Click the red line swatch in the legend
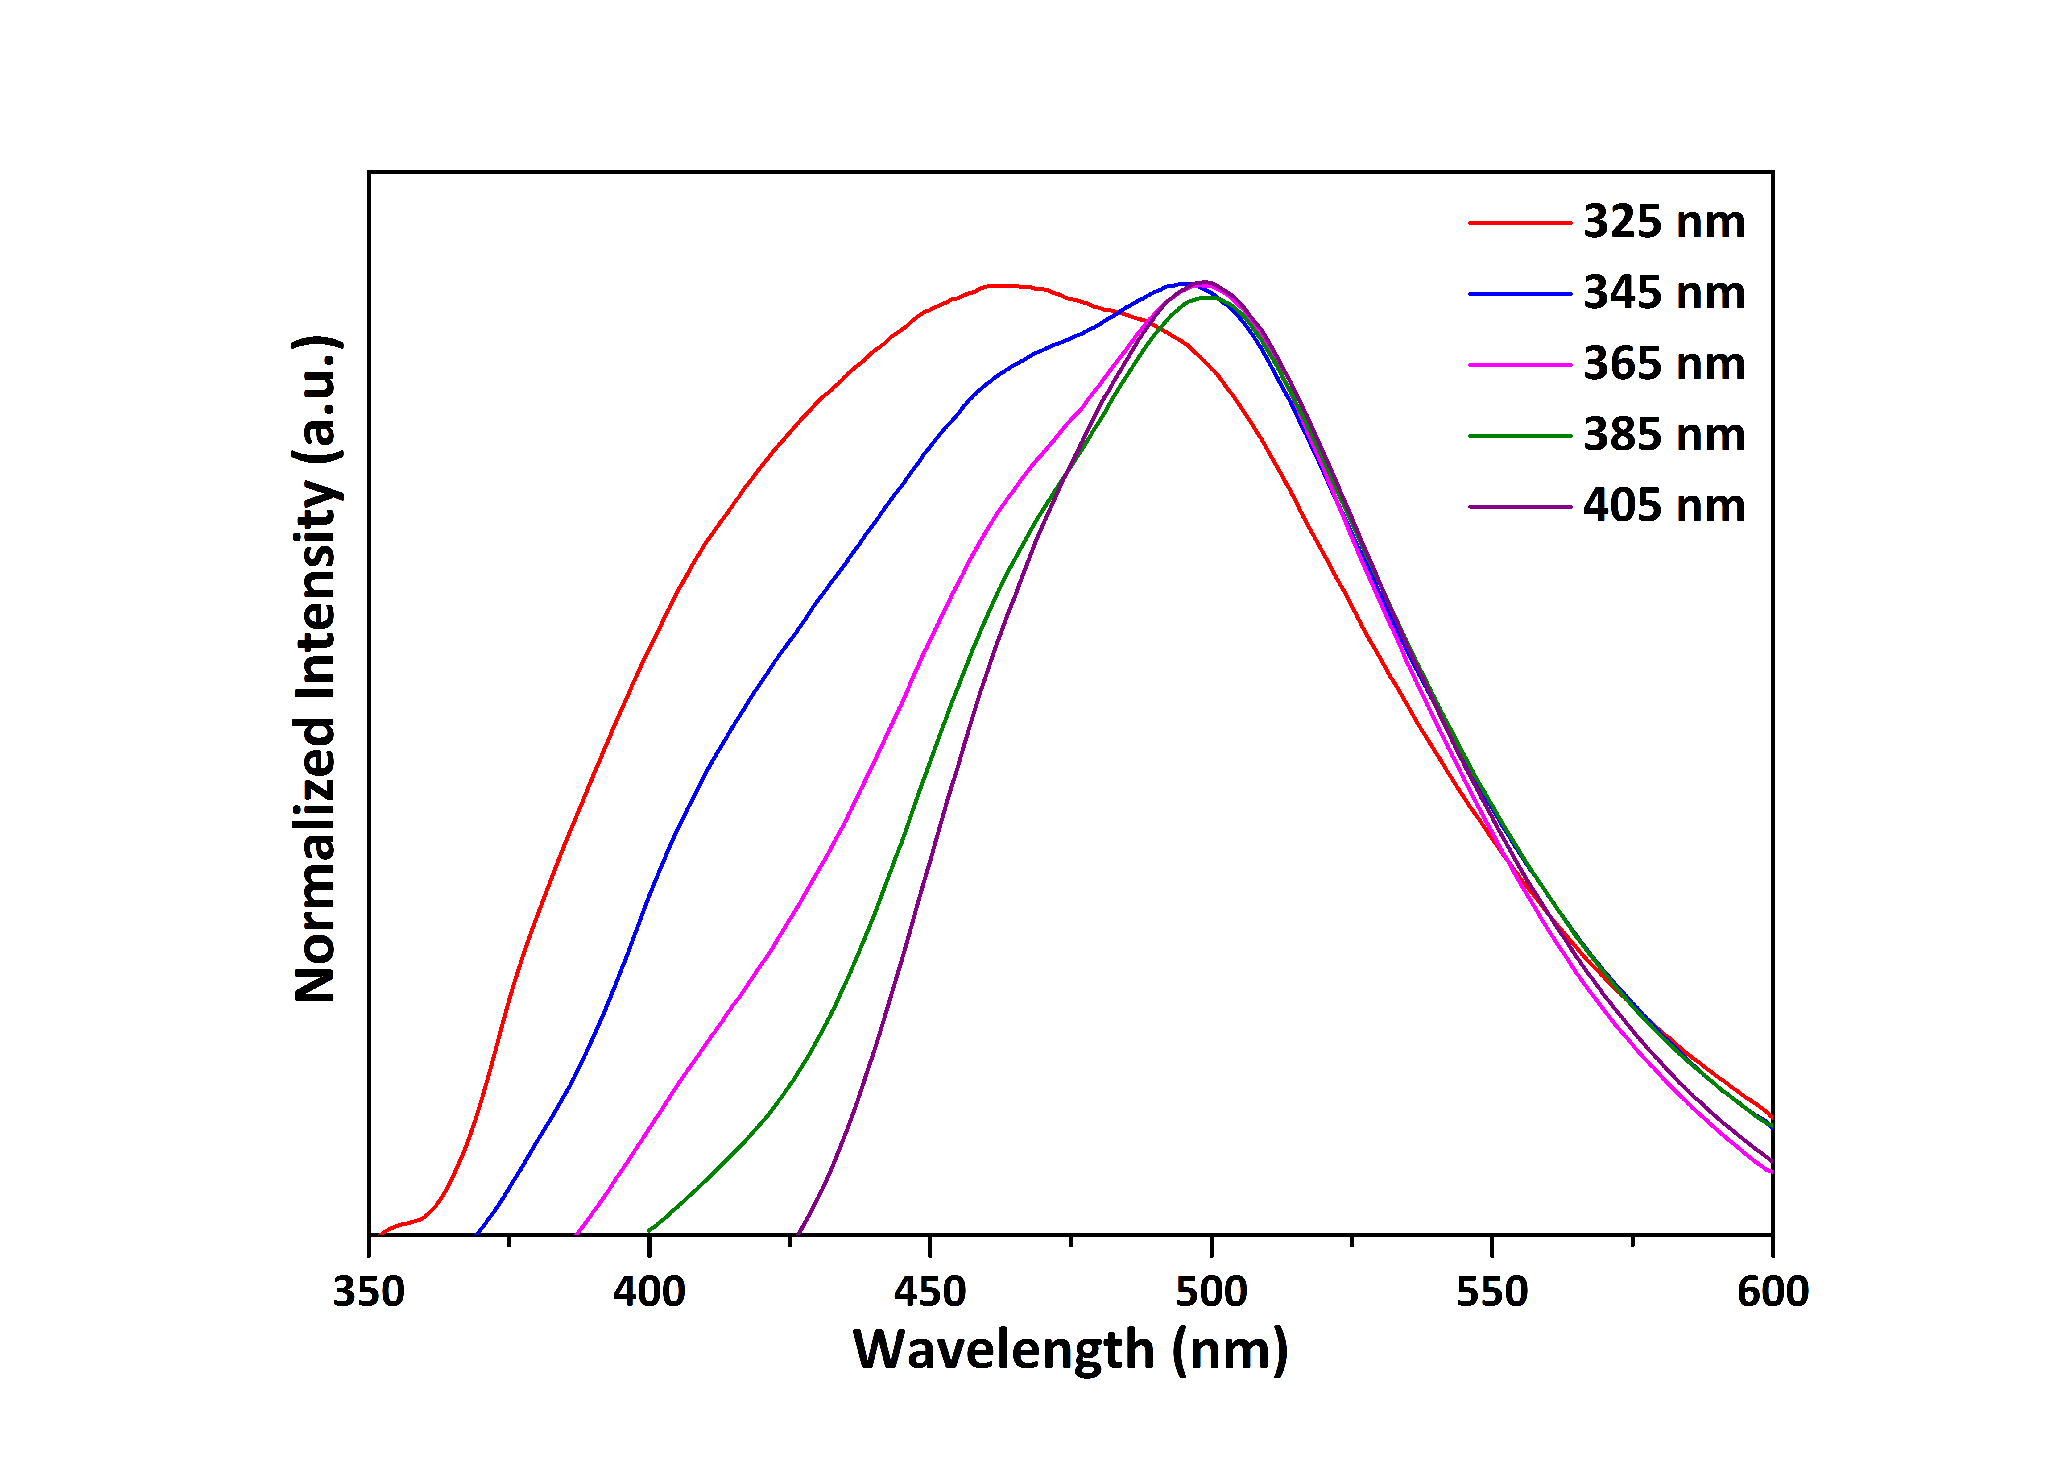coord(1520,222)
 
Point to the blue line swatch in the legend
coord(1520,293)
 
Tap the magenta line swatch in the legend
coord(1520,364)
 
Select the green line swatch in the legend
coord(1520,435)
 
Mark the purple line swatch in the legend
coord(1520,506)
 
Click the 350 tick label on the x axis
coord(369,1292)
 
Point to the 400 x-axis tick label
coord(649,1292)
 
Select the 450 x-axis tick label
coord(930,1292)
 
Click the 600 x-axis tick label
coord(1772,1292)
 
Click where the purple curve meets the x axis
coord(797,1234)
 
